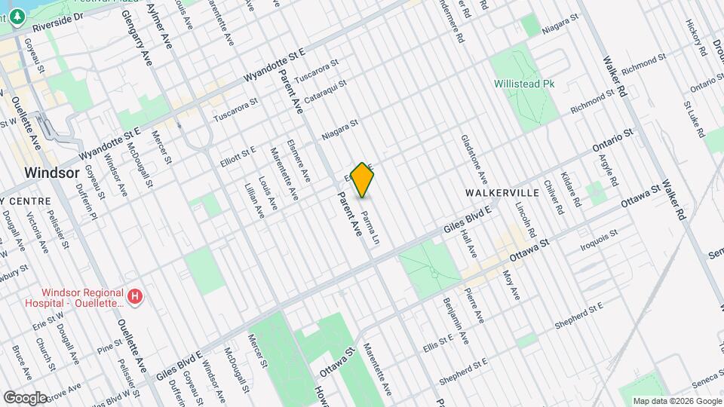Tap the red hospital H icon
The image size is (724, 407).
(x=134, y=298)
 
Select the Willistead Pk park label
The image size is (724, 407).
(x=524, y=84)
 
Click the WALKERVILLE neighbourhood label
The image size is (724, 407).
(x=502, y=193)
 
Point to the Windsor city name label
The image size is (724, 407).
(x=51, y=172)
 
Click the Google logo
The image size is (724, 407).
(x=26, y=397)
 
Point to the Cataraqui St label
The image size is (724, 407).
(x=325, y=93)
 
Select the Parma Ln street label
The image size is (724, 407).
(x=370, y=229)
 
